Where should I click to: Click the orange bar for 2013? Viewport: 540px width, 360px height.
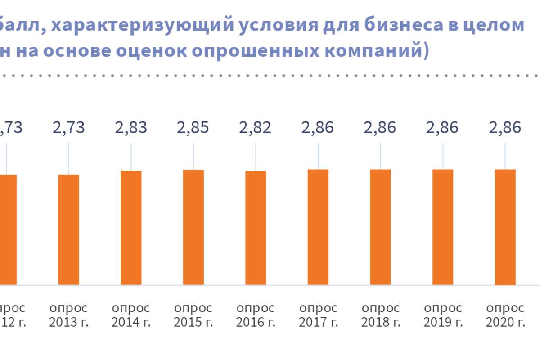[x=69, y=229]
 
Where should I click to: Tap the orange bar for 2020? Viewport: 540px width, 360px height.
[x=505, y=227]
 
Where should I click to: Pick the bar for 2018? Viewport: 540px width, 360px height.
[x=381, y=227]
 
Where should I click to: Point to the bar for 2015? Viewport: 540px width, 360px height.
[x=193, y=227]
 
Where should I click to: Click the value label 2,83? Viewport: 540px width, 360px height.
[x=131, y=127]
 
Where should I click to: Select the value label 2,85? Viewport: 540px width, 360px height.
[x=193, y=127]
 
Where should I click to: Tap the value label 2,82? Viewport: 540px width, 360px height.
[x=256, y=127]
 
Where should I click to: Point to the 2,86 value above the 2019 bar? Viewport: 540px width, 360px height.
[x=443, y=127]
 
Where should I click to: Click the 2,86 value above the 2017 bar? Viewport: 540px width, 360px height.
[x=318, y=127]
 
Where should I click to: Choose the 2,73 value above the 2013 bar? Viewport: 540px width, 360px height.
[x=69, y=127]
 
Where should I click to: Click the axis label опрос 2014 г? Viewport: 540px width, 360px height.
[x=131, y=315]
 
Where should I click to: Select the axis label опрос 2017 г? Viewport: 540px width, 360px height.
[x=318, y=315]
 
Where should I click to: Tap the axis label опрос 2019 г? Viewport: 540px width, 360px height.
[x=443, y=315]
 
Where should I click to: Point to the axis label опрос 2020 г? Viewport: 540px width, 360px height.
[x=505, y=315]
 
